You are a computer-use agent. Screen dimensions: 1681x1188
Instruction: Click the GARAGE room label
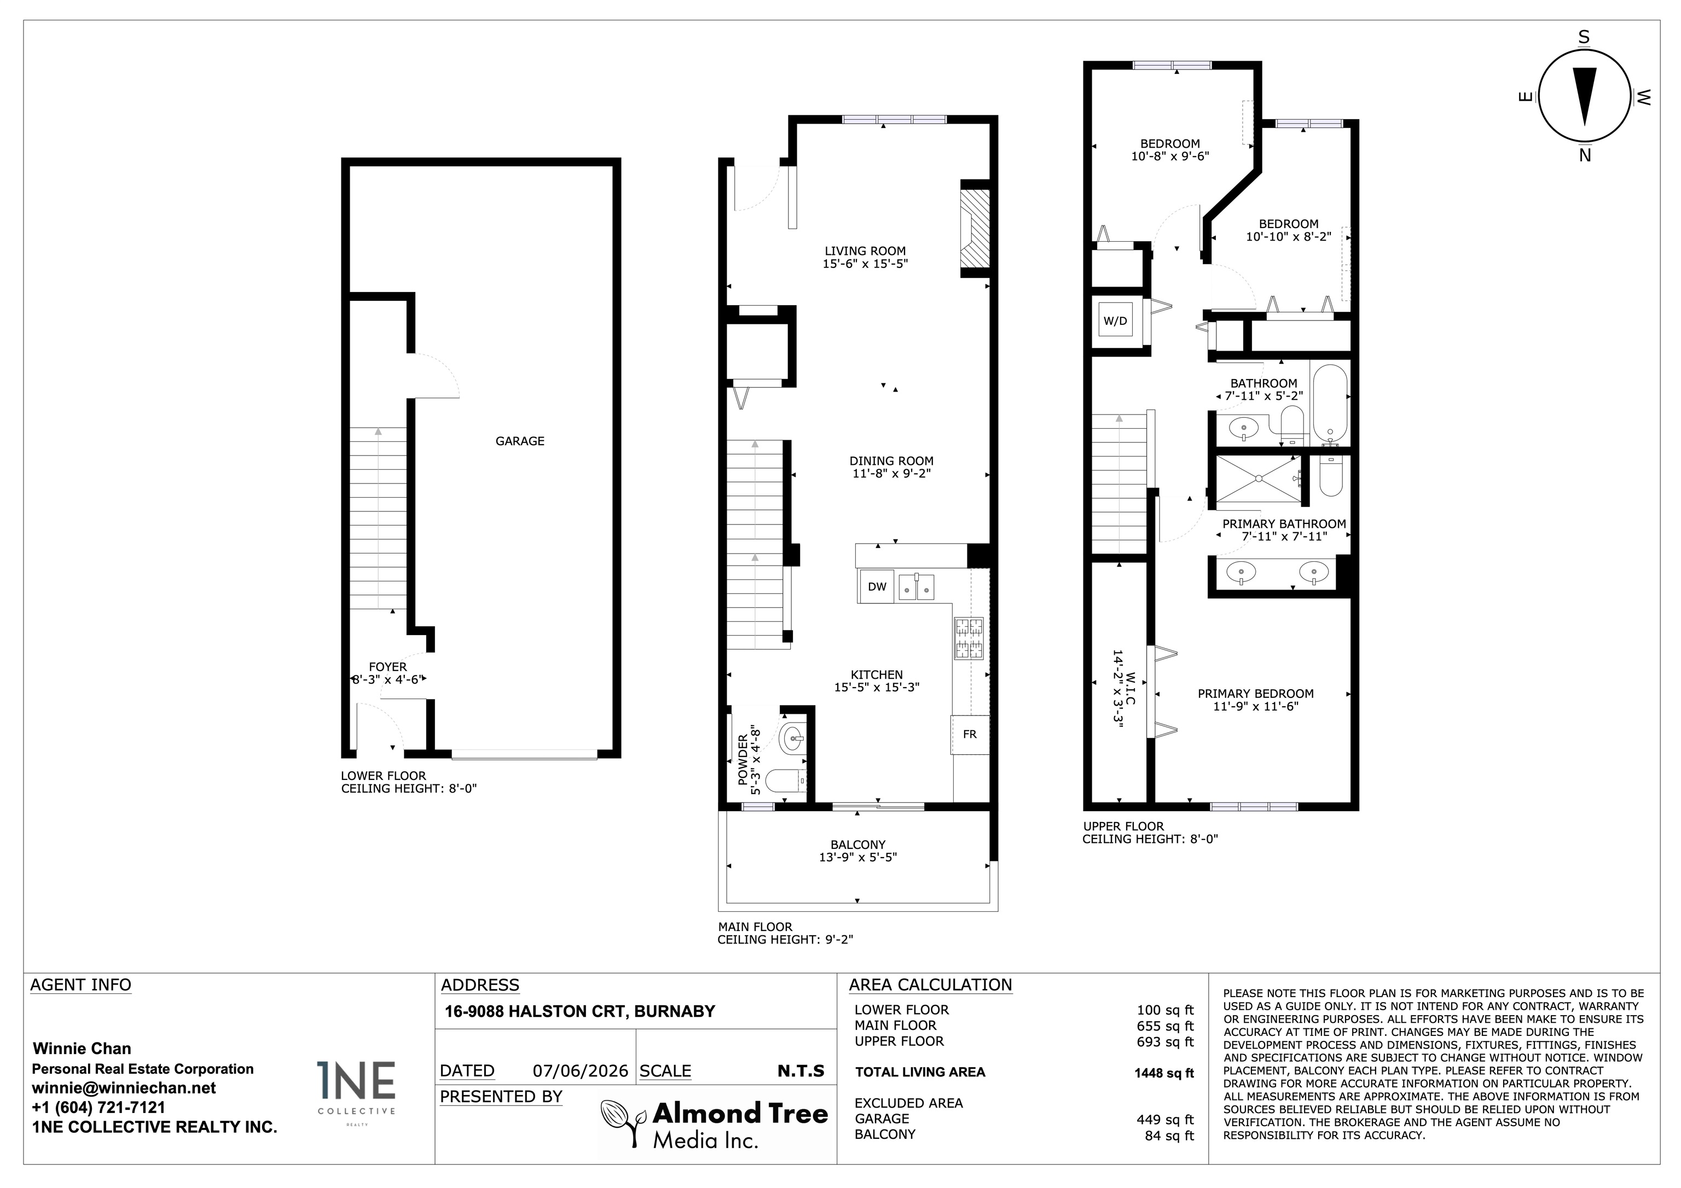[520, 441]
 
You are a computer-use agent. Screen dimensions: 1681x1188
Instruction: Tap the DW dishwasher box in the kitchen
[877, 586]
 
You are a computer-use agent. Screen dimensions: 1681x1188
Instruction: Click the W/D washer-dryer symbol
[1115, 321]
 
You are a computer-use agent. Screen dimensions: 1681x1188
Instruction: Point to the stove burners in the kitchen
[968, 638]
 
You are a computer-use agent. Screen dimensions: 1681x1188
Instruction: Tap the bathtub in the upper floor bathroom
[1330, 405]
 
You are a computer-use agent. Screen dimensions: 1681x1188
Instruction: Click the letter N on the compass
[1585, 155]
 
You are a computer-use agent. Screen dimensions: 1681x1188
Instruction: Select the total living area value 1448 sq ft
[1163, 1073]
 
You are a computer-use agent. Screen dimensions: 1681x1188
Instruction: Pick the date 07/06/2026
[581, 1071]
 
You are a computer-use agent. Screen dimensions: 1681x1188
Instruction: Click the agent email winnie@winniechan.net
[124, 1088]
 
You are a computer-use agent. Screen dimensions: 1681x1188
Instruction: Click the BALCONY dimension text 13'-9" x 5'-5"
[857, 857]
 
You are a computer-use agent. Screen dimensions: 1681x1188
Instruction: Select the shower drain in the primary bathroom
[1258, 478]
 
